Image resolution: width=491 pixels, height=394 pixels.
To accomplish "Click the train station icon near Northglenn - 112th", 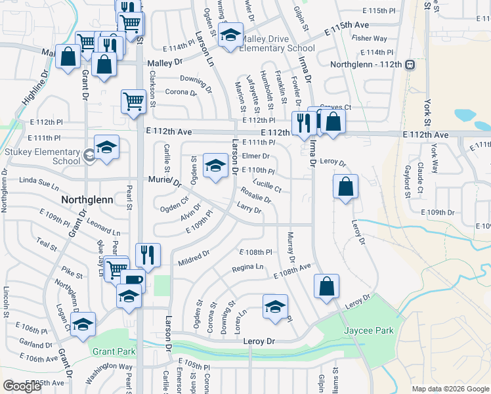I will click(410, 65).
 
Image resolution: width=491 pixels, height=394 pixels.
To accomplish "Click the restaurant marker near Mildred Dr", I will click(148, 255).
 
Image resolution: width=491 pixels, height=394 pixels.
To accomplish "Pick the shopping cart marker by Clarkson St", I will click(133, 102).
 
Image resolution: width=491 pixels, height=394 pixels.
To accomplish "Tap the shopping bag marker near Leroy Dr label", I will click(345, 187).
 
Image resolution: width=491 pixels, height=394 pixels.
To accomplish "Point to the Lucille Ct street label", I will click(267, 186).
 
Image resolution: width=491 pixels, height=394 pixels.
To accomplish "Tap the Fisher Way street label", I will click(369, 39).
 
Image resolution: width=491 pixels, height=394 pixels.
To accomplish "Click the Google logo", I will click(22, 386).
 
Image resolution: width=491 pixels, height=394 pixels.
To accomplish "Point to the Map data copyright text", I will click(450, 389).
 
